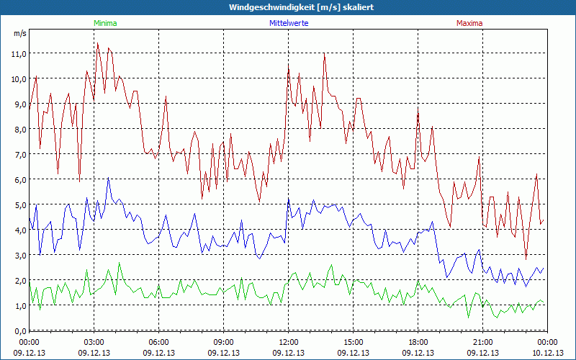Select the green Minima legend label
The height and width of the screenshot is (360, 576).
point(105,23)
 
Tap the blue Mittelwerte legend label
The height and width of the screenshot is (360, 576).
point(288,23)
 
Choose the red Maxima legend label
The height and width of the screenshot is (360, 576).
point(469,23)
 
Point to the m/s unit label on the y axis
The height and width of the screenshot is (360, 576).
point(19,34)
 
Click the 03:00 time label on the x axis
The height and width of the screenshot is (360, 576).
point(94,341)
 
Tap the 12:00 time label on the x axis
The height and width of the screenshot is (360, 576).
point(289,341)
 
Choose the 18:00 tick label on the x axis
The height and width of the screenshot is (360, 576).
point(418,341)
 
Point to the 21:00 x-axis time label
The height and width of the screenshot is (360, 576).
point(483,341)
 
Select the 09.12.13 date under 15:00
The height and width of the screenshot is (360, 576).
point(354,353)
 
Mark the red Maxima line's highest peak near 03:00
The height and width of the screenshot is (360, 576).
point(98,43)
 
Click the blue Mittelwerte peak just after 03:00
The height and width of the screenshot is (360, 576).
point(108,178)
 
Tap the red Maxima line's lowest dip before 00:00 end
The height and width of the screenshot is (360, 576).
point(526,259)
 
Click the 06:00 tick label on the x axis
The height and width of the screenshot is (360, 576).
point(159,341)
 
